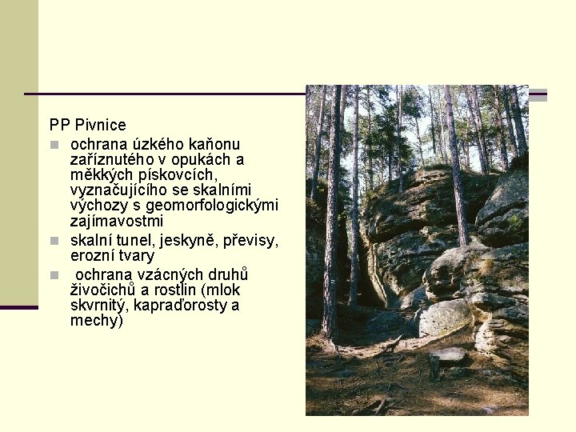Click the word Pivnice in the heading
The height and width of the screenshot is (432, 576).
(x=100, y=125)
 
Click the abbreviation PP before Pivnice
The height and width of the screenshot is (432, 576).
(x=59, y=125)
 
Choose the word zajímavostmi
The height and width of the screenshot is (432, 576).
(x=117, y=220)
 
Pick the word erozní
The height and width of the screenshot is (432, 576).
(x=91, y=255)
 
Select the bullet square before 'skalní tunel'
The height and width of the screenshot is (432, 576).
(x=54, y=241)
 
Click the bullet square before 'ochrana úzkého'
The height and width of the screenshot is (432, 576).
(x=54, y=145)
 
